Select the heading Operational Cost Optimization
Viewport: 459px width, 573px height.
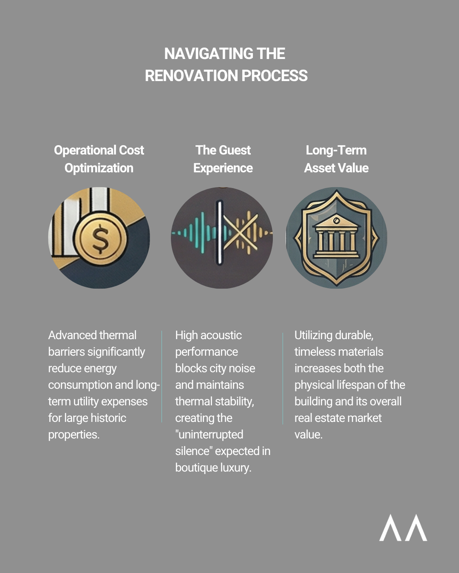coord(99,159)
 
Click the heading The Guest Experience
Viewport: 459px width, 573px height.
coord(223,159)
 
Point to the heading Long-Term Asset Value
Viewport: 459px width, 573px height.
coord(336,159)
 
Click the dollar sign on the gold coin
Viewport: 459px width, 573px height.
coord(100,238)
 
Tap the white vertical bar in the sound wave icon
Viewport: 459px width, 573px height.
coord(220,233)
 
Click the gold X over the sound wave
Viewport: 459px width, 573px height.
coord(241,231)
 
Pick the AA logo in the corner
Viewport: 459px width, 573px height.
coord(403,528)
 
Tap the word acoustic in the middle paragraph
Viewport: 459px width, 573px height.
coord(221,335)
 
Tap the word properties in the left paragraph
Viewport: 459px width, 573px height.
coord(74,435)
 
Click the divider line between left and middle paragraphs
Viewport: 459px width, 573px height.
coord(162,377)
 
